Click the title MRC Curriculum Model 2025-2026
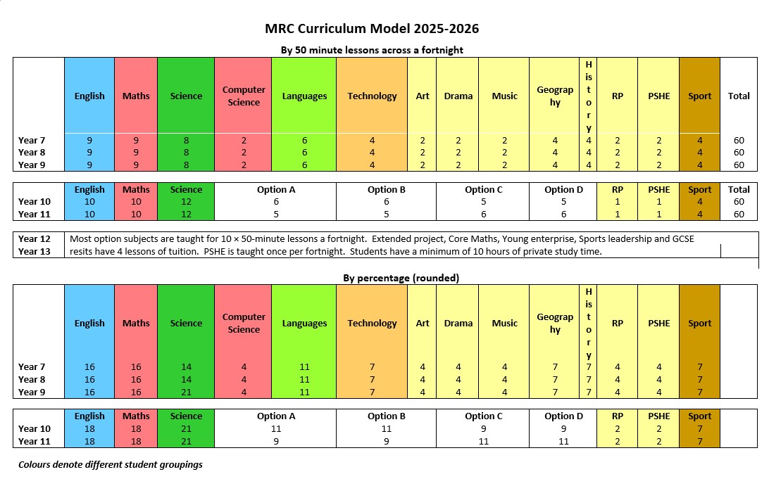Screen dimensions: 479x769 372,29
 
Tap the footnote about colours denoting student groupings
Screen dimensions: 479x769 111,464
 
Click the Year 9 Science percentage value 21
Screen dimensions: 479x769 186,392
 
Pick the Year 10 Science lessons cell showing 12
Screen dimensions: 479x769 186,202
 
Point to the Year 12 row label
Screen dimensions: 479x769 34,239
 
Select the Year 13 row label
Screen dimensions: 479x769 34,251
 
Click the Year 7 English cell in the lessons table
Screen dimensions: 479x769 89,140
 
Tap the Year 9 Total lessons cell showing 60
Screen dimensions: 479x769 739,165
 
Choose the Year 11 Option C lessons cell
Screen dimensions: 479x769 483,214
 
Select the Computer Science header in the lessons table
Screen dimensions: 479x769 244,96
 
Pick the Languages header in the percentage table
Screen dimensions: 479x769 304,324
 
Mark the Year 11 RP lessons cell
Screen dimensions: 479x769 618,214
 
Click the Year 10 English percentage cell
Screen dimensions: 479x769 89,428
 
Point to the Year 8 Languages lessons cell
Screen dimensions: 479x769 304,152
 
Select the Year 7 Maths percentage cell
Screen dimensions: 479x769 136,367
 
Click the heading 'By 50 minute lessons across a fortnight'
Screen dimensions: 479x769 372,50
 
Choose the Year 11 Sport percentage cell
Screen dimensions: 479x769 700,441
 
